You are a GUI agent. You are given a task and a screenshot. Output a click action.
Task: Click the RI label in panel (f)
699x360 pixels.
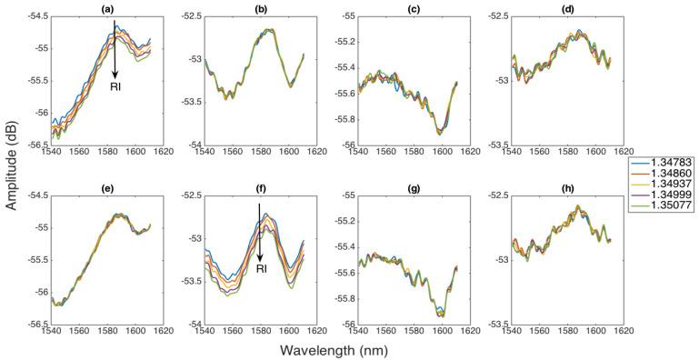click(261, 269)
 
